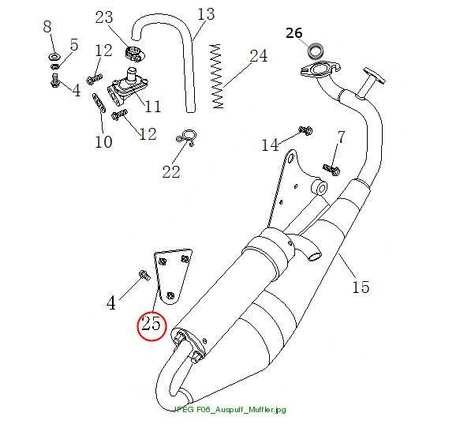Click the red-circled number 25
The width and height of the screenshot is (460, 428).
[x=151, y=324]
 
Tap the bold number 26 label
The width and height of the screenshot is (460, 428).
[x=294, y=33]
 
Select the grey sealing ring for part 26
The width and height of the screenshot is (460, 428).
[x=316, y=51]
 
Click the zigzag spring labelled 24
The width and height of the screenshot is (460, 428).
[x=217, y=76]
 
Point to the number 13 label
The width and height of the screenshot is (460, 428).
[x=206, y=14]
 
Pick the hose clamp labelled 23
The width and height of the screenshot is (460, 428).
[x=134, y=54]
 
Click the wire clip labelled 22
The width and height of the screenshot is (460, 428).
[x=187, y=137]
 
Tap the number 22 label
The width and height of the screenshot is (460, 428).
[x=171, y=171]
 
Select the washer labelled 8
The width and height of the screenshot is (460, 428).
[x=54, y=56]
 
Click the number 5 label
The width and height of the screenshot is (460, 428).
[x=74, y=45]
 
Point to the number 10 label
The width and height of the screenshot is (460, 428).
[x=103, y=142]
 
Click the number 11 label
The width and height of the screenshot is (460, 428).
[x=153, y=106]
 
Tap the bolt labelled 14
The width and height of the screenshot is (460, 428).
[x=305, y=130]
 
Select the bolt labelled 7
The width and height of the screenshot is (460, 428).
[x=331, y=169]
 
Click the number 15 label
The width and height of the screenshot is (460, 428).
[x=361, y=287]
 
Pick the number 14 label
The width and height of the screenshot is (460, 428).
[x=270, y=145]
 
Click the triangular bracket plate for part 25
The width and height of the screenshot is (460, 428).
[x=172, y=276]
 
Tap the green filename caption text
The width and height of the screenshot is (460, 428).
[x=230, y=409]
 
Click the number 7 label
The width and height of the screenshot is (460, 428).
[x=341, y=137]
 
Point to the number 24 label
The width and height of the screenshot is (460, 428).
[x=259, y=56]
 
